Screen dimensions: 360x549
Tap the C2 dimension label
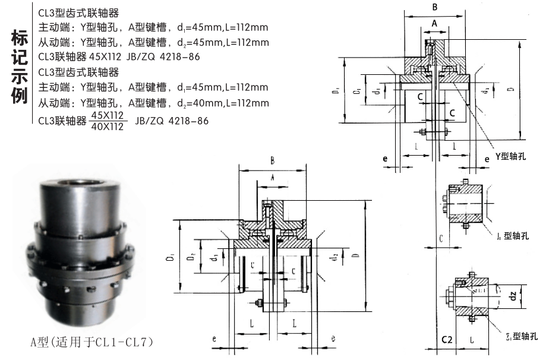(x=447, y=340)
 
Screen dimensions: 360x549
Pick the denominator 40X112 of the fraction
(x=108, y=126)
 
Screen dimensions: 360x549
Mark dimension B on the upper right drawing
(x=435, y=8)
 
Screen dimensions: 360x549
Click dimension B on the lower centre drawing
(x=273, y=160)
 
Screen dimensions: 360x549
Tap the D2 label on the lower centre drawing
(x=189, y=258)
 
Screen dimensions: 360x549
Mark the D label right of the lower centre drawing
(x=355, y=255)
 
